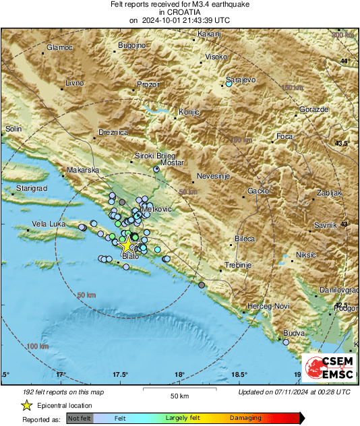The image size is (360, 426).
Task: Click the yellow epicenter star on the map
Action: point(127,245)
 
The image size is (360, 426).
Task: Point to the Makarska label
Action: point(84,171)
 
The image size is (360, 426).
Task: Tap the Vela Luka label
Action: point(48,224)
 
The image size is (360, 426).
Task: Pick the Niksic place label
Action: point(306,255)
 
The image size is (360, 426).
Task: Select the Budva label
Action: point(294,333)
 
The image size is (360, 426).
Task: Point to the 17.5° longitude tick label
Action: point(121,374)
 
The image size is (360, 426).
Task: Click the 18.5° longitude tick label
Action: point(239,374)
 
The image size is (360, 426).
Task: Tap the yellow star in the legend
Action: point(26,405)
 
